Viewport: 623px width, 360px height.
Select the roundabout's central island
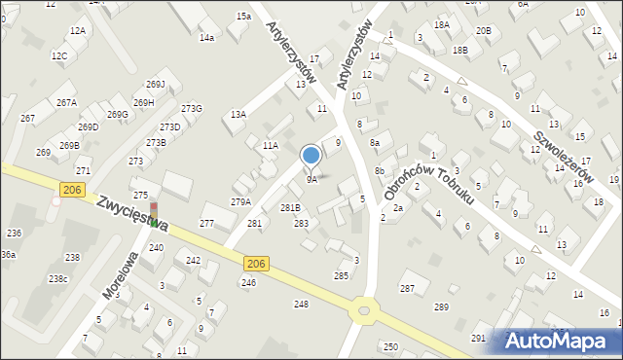point(365,311)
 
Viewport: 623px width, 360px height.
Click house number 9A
point(311,179)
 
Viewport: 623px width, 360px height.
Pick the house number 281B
point(291,208)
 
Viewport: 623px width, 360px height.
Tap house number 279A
point(240,201)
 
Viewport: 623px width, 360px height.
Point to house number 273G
point(192,108)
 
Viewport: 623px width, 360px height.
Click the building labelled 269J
point(155,85)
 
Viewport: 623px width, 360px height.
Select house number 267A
point(66,102)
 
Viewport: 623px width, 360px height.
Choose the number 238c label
point(59,279)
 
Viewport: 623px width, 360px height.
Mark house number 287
point(407,288)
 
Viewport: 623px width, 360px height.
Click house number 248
point(301,305)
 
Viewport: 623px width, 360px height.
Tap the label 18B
point(460,50)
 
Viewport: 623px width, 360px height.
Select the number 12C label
point(59,55)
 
